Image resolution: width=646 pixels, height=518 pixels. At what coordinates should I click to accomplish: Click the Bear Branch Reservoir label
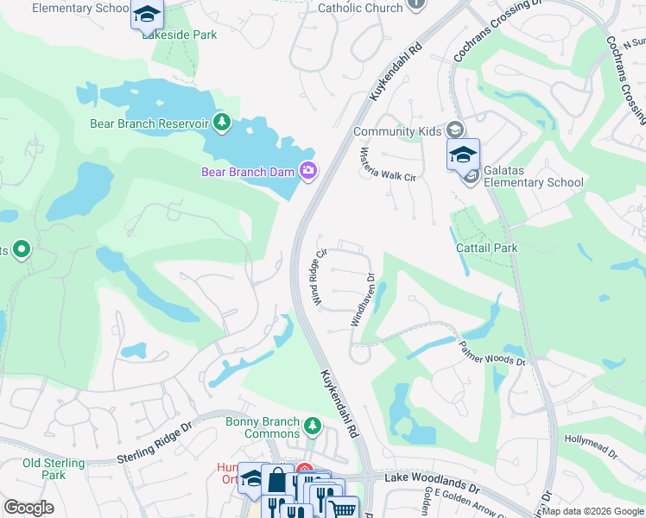tap(149, 123)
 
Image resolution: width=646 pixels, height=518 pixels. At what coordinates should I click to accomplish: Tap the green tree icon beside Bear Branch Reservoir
tap(222, 123)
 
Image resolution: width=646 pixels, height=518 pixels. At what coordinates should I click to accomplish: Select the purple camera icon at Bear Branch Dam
tap(308, 172)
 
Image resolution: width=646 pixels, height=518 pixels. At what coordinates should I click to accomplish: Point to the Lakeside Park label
tap(180, 35)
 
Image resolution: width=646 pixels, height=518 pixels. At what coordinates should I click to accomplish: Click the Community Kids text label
tap(397, 131)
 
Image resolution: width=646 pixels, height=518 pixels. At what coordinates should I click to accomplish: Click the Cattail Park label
tap(486, 248)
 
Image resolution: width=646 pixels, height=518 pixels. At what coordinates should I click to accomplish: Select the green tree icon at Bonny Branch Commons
tap(312, 426)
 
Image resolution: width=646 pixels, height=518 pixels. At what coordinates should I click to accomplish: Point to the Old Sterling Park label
tap(54, 469)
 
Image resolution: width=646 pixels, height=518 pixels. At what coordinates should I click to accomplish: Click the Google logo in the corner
tap(29, 508)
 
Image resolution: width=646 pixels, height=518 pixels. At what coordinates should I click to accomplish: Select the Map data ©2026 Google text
tap(592, 511)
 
